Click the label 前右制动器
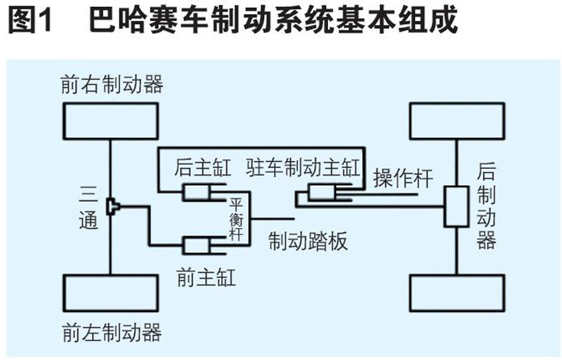112,84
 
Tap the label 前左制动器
112,330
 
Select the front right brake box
111,120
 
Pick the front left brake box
111,294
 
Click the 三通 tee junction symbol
114,206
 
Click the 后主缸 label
202,169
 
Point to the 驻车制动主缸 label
303,169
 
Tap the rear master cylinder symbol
202,191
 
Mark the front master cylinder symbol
202,245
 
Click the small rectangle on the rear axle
456,207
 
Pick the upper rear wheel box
457,120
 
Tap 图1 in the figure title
31,22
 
